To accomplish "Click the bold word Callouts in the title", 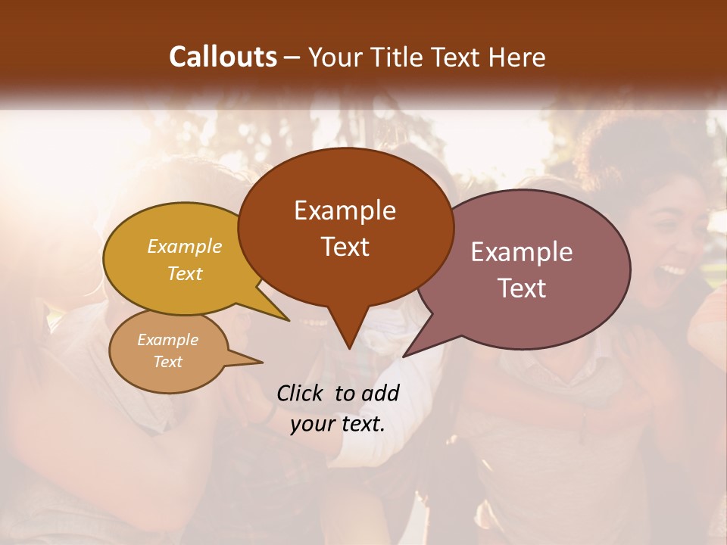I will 223,57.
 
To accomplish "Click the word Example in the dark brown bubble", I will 345,210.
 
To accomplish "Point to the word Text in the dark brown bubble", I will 345,247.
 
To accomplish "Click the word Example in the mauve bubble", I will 522,252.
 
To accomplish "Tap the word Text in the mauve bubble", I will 522,288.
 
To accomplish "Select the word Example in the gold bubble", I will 185,246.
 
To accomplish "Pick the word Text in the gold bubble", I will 185,273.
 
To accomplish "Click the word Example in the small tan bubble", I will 167,340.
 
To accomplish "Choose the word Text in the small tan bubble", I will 167,362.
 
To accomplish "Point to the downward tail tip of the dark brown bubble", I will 348,347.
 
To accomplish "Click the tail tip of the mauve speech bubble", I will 404,356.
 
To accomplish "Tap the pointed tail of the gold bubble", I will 288,319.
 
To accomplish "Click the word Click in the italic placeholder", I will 301,393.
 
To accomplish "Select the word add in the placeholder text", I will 380,393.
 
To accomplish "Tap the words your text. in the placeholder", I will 338,424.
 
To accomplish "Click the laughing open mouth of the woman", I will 672,269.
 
